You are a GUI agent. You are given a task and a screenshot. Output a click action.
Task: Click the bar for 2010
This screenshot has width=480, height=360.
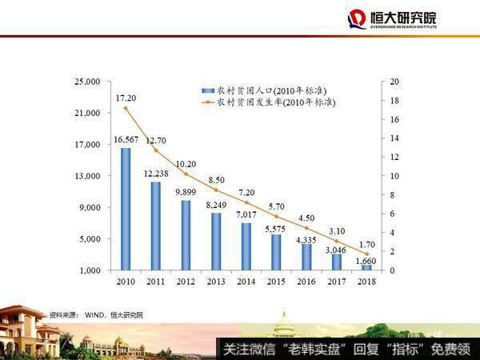pos(126,209)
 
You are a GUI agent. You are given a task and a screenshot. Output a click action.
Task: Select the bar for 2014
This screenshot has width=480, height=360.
pos(246,246)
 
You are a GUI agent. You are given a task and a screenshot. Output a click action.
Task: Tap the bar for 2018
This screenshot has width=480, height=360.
pos(366,267)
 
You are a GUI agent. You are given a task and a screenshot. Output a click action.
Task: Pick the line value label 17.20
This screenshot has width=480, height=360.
pos(126,98)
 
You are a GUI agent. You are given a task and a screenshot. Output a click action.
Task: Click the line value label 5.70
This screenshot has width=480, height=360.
pos(277,206)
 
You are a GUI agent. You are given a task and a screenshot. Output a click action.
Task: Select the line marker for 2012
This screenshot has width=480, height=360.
pos(186,174)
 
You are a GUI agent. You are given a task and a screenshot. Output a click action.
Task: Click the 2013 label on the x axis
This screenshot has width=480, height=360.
pos(216,282)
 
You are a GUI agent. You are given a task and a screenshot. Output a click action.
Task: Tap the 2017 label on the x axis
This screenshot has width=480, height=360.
pos(337,282)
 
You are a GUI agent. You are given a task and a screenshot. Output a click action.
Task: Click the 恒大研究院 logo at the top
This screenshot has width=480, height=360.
pos(391,19)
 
